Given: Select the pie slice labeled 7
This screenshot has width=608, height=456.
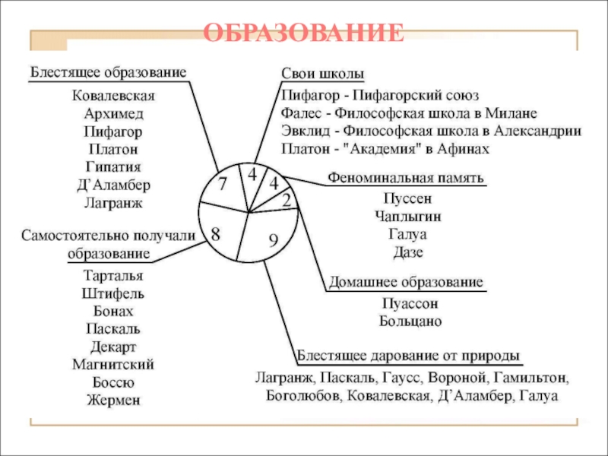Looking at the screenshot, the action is [x=222, y=185].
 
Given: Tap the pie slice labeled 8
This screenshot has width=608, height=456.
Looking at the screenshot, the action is [x=217, y=235].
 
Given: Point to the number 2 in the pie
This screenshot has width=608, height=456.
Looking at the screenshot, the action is [x=287, y=200].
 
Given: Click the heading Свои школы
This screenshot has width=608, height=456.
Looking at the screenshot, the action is [x=322, y=73].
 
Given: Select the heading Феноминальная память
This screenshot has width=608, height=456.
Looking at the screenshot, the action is [x=405, y=178].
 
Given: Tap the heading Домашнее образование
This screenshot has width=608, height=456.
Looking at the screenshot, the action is [x=405, y=282].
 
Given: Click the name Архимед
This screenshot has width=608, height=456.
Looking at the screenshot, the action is [x=113, y=114].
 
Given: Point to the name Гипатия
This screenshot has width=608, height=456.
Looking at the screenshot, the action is [x=113, y=166].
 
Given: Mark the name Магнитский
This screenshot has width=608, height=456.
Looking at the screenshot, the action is [x=113, y=364].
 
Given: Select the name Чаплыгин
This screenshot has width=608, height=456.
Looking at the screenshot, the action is [x=408, y=217].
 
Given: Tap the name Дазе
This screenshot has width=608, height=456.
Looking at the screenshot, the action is [x=408, y=252].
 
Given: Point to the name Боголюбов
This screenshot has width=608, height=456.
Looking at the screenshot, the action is [x=303, y=396].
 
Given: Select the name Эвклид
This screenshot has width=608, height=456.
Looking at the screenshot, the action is [x=304, y=131].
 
